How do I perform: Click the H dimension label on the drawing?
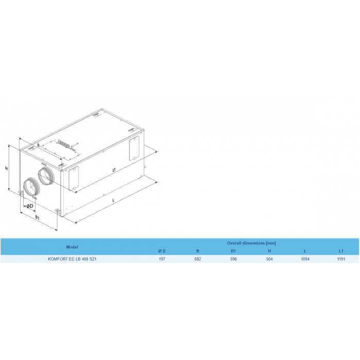click(7, 168)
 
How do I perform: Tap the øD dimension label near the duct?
click(30, 206)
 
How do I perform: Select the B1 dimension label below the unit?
click(38, 218)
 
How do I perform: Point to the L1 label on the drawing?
click(114, 170)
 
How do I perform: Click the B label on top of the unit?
click(39, 145)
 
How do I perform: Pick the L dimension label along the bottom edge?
click(113, 201)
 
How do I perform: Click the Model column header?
click(72, 247)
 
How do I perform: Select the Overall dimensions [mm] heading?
click(251, 243)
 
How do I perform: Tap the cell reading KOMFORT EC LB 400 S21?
click(72, 259)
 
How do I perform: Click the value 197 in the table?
click(162, 259)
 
